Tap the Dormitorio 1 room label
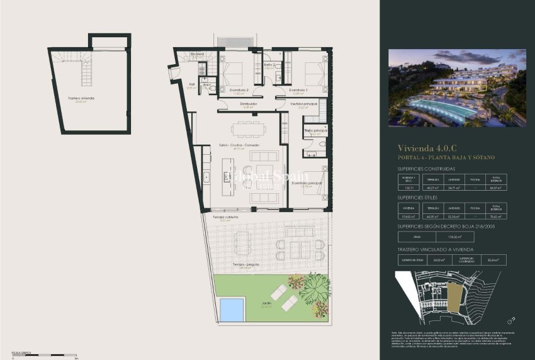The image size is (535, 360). [298, 90]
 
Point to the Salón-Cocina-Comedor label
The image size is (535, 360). [239, 145]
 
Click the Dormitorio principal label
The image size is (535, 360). [307, 183]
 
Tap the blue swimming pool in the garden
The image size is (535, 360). [232, 310]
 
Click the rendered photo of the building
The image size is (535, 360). [456, 88]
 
